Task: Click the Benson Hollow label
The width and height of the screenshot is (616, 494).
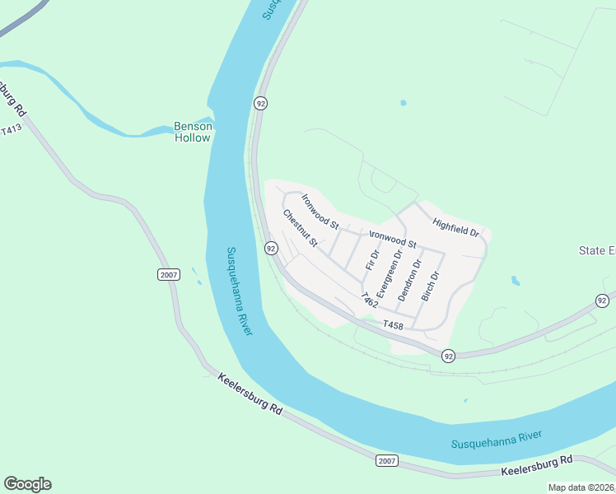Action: pyautogui.click(x=194, y=132)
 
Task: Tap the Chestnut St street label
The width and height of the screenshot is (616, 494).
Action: pyautogui.click(x=300, y=228)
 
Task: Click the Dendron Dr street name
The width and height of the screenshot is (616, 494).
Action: pyautogui.click(x=409, y=280)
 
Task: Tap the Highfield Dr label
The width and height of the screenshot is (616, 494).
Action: pyautogui.click(x=455, y=226)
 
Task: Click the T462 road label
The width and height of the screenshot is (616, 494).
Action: pyautogui.click(x=368, y=299)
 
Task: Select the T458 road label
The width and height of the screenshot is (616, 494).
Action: pyautogui.click(x=394, y=325)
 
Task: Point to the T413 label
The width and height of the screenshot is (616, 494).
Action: pyautogui.click(x=11, y=130)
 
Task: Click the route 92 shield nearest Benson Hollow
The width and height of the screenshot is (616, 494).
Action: pyautogui.click(x=260, y=103)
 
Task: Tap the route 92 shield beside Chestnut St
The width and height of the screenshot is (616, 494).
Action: pyautogui.click(x=270, y=248)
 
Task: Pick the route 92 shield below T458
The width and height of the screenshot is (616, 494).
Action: pyautogui.click(x=448, y=356)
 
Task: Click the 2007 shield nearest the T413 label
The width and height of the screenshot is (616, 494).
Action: pyautogui.click(x=169, y=274)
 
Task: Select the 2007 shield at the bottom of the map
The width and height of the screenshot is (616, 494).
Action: pyautogui.click(x=386, y=460)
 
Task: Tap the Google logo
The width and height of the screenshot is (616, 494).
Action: pyautogui.click(x=27, y=484)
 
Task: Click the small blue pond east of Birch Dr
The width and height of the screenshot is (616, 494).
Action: pyautogui.click(x=516, y=281)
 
